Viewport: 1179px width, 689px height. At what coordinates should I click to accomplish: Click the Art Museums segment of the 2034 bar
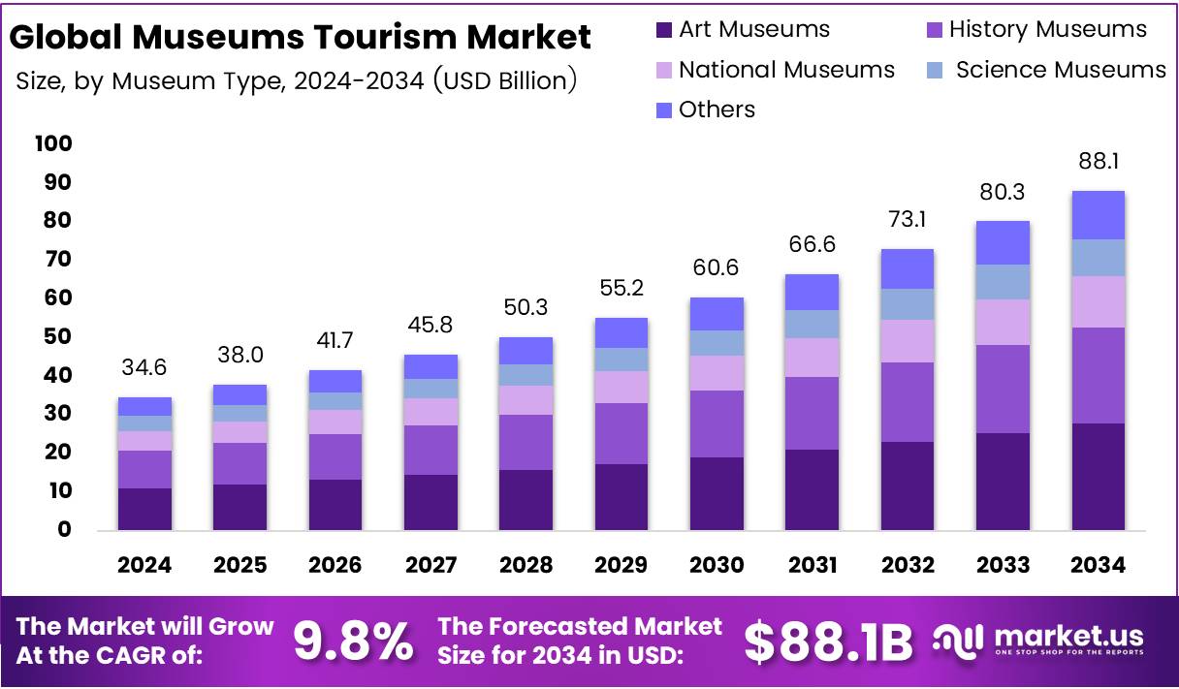tap(1098, 477)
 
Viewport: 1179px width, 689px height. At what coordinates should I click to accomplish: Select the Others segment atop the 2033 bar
tap(1003, 242)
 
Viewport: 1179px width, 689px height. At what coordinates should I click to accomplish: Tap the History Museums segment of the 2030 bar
tap(717, 423)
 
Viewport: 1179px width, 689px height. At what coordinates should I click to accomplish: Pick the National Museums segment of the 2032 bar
tap(908, 341)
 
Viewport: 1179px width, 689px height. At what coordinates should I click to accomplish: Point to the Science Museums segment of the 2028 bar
tap(526, 375)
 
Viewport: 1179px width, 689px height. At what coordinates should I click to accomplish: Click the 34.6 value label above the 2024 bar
tap(144, 368)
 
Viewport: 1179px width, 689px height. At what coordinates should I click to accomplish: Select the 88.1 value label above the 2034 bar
tap(1098, 161)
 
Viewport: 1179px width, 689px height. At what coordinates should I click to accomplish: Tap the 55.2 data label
tap(621, 289)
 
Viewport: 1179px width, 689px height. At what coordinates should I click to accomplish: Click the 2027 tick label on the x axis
tap(430, 566)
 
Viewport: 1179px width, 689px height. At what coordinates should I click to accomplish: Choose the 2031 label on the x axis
tap(812, 566)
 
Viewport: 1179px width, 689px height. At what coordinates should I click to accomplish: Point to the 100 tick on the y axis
tap(52, 144)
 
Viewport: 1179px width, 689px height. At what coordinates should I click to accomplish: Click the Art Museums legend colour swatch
tap(664, 30)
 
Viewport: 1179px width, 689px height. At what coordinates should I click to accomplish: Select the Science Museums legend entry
tap(1060, 70)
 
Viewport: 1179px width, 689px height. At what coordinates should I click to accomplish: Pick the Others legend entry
tap(716, 110)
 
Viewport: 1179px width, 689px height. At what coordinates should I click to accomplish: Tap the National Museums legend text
tap(786, 70)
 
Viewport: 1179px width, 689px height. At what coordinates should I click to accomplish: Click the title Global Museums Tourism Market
tap(301, 37)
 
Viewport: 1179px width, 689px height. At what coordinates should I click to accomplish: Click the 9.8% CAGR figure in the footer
tap(353, 642)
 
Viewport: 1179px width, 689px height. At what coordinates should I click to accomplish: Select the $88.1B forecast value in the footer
tap(829, 642)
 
